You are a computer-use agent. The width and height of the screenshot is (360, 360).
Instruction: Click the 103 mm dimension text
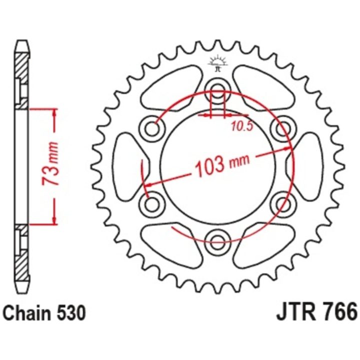click(222, 164)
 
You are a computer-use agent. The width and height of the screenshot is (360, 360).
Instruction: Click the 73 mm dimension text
click(50, 163)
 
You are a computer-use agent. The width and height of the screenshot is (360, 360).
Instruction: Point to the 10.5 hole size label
click(242, 126)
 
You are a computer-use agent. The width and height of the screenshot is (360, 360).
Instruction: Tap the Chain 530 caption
click(44, 313)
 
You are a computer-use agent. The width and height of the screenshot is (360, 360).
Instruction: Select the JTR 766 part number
click(317, 312)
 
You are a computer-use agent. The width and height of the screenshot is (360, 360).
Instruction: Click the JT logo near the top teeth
click(217, 63)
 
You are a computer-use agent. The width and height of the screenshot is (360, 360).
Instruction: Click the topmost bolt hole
click(217, 89)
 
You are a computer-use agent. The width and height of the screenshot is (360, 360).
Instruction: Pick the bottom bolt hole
click(217, 241)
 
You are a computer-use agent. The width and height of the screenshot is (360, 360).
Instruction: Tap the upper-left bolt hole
click(152, 128)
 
